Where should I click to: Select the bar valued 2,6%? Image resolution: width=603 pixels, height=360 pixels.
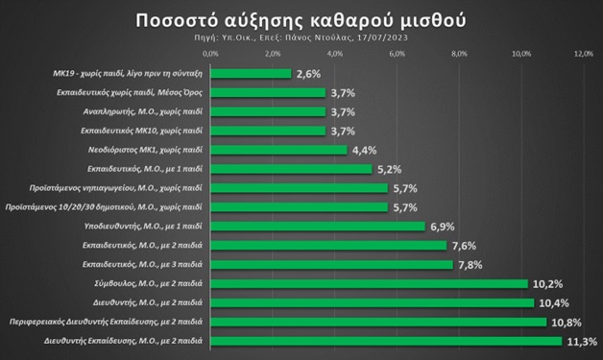[250, 73]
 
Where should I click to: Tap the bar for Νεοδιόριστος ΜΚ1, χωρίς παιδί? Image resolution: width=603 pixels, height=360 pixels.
[277, 150]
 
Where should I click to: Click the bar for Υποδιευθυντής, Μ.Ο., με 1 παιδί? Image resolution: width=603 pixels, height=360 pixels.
[317, 227]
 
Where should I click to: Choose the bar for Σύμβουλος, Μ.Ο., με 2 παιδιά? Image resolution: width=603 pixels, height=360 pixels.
[369, 284]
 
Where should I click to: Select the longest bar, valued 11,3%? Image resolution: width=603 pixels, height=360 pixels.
[386, 341]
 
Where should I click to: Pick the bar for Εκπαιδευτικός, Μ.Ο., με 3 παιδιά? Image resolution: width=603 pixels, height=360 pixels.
[331, 264]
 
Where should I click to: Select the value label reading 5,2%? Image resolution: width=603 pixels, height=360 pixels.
[386, 169]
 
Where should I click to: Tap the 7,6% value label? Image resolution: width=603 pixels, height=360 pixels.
[462, 246]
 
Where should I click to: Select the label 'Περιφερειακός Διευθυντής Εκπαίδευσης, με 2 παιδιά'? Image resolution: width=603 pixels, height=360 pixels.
[108, 322]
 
